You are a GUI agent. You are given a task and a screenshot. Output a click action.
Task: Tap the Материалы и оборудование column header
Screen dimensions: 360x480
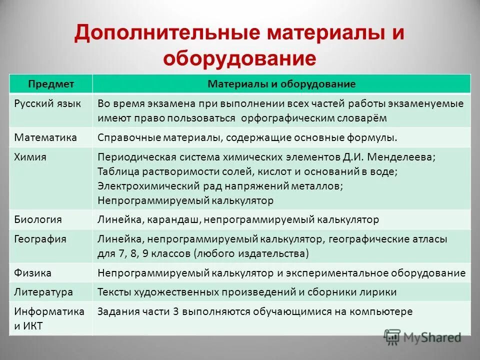pos(281,84)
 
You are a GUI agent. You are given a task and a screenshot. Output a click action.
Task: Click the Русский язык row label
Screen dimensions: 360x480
pos(45,103)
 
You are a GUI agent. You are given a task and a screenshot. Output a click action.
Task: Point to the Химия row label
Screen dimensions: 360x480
pos(30,157)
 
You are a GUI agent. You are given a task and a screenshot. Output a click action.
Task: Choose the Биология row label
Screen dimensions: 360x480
pos(38,219)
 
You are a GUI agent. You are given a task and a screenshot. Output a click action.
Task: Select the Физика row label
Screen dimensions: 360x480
pos(32,273)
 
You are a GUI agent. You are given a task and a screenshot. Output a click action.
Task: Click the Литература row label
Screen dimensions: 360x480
pos(43,292)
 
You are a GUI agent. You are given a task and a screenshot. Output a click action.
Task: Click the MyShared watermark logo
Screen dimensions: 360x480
pos(422,337)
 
